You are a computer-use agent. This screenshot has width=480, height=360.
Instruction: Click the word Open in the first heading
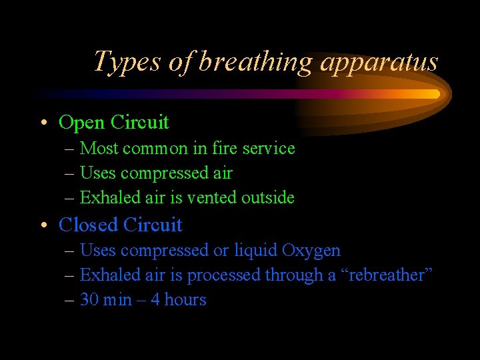tap(82, 123)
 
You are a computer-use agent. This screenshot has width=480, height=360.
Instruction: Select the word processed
tap(224, 275)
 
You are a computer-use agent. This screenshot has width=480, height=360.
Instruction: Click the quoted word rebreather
tap(386, 275)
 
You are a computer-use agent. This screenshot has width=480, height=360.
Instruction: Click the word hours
tap(185, 300)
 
